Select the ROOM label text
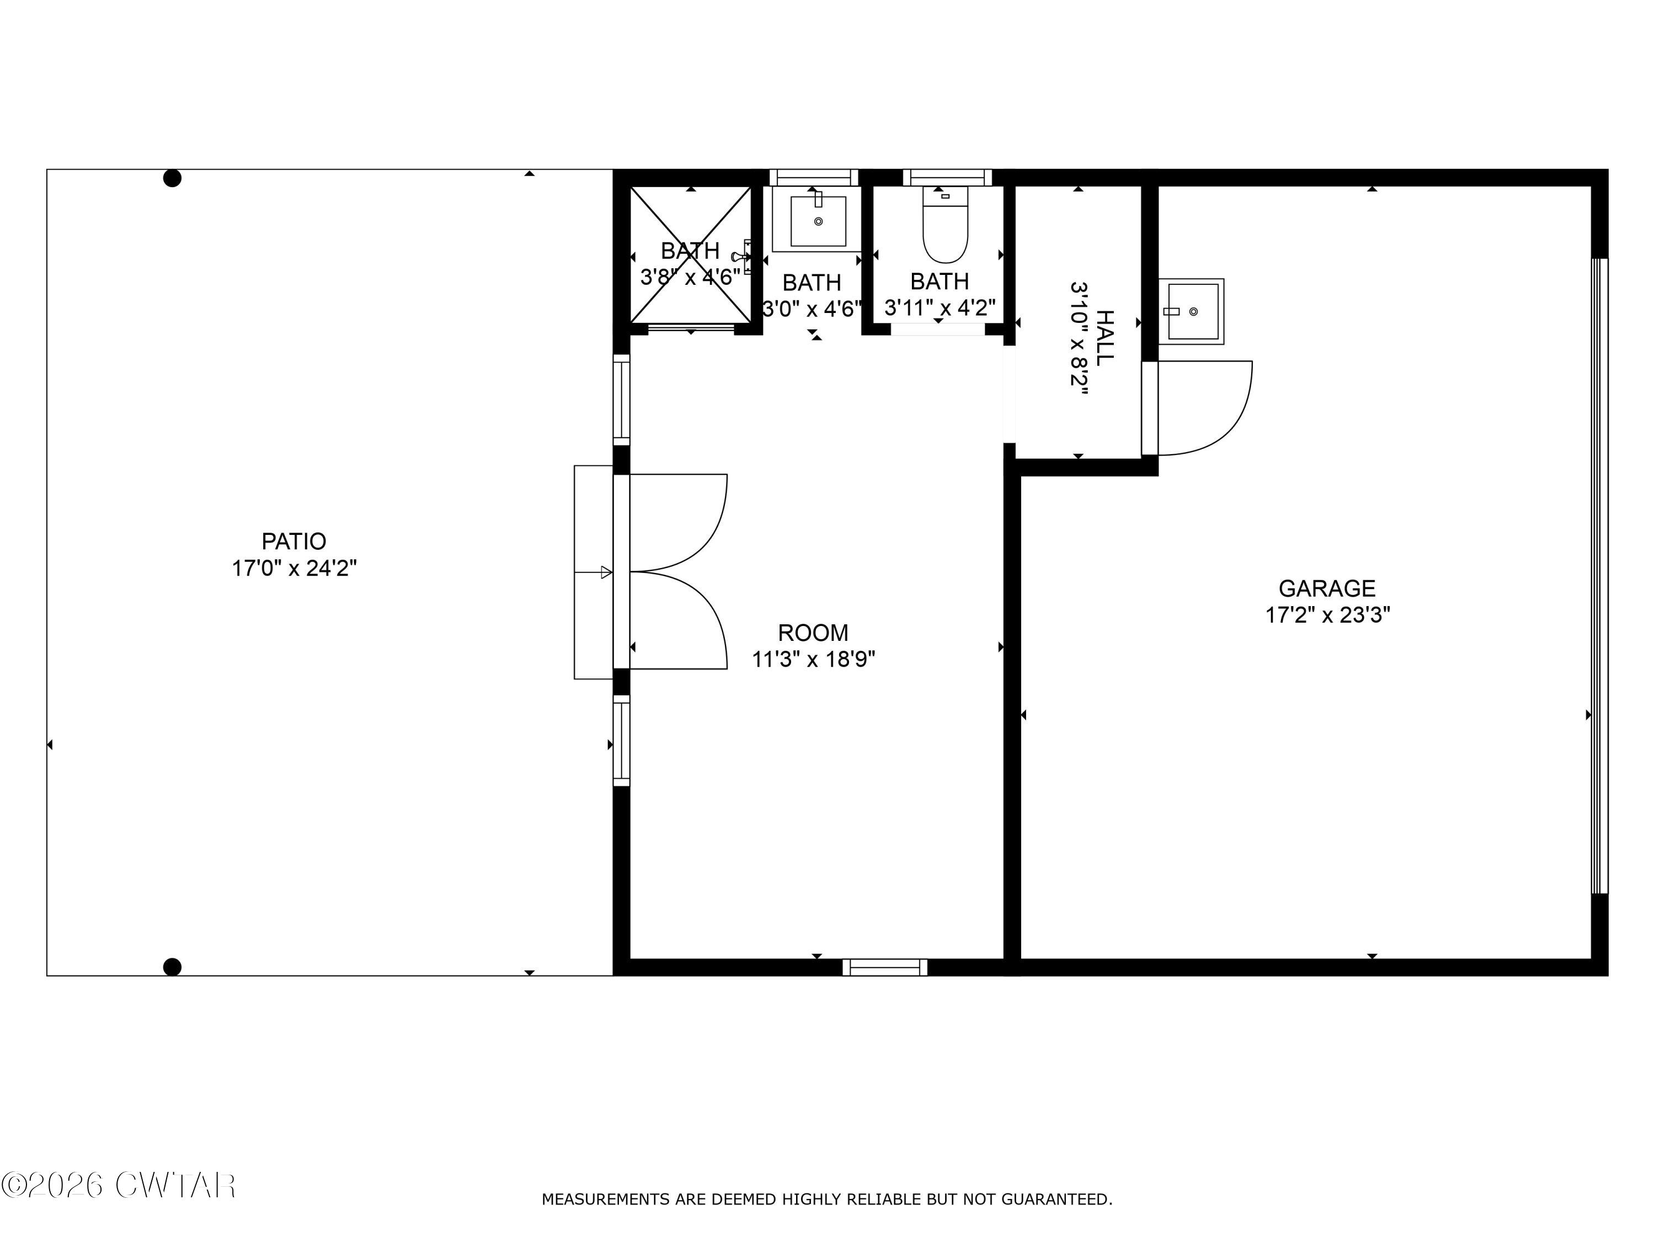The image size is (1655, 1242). coord(813,633)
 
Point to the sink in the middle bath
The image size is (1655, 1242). coord(818,220)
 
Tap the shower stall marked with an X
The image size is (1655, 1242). coord(690,254)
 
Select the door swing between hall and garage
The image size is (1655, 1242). coord(1205,408)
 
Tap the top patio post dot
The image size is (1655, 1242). coord(172,178)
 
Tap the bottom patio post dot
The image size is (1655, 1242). coord(172,967)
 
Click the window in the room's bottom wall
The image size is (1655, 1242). coord(885,967)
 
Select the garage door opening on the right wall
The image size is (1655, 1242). coord(1599,576)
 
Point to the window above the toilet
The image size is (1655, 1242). coord(947,177)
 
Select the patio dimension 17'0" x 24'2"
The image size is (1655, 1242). coord(294,568)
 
